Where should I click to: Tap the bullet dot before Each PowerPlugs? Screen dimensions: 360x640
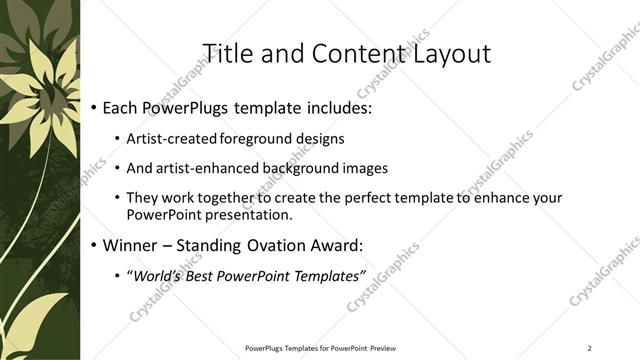point(93,106)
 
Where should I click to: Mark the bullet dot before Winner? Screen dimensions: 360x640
point(93,245)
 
